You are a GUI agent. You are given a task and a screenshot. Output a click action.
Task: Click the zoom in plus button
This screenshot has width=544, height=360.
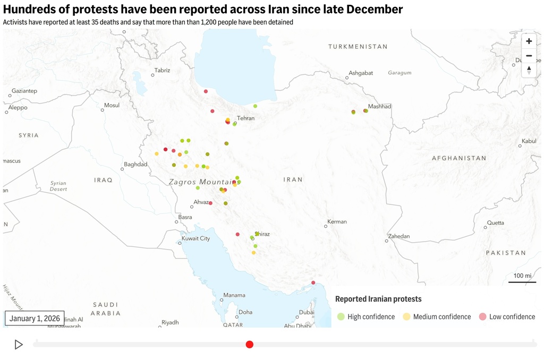[x=529, y=41]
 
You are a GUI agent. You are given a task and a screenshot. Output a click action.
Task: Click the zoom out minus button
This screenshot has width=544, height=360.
[x=529, y=56]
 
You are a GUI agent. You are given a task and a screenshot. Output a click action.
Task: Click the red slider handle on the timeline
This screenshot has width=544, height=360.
[x=250, y=345]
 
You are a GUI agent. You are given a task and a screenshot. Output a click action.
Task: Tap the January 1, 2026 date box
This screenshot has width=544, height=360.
[x=35, y=318]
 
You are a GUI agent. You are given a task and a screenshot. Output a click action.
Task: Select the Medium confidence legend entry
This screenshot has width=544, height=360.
[x=437, y=317]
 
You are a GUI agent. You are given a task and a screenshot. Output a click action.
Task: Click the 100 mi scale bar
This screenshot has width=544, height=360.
[x=522, y=276]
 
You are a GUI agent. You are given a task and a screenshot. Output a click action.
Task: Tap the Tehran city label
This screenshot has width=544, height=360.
[x=246, y=118]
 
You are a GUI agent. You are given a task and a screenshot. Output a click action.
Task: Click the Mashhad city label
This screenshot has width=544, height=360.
[x=379, y=107]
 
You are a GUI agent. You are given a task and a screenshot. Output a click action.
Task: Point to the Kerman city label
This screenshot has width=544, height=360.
[x=337, y=221]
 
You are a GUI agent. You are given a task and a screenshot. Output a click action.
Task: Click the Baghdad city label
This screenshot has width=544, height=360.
[x=135, y=165]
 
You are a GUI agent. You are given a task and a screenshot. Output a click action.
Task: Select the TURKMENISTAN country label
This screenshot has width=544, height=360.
[x=358, y=47]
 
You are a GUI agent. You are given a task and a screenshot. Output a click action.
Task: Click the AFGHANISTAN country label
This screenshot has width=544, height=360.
[x=459, y=158]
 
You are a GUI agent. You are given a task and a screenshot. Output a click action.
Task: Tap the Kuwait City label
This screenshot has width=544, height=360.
[x=195, y=238]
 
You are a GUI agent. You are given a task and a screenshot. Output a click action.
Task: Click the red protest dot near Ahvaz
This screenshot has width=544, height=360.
[x=211, y=203]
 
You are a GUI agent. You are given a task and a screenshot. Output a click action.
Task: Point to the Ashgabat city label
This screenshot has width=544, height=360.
[x=361, y=73]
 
